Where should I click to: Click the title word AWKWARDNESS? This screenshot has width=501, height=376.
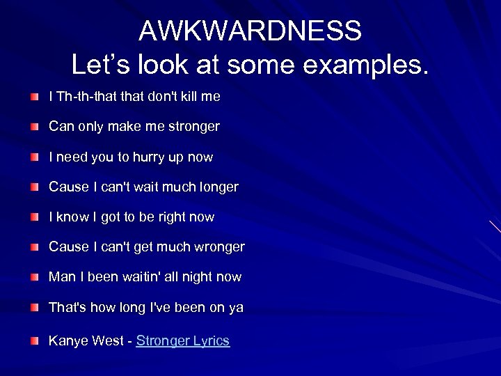coord(250,31)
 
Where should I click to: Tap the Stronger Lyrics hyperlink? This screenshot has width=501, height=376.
coord(183,340)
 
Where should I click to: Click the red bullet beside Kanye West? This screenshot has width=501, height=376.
coord(34,340)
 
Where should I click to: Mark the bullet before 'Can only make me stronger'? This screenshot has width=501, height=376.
coord(34,127)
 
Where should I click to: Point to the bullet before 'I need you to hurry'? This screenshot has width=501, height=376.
coord(34,157)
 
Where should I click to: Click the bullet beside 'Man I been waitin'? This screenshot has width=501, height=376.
coord(34,277)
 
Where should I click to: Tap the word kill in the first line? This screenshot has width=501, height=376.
coord(188,97)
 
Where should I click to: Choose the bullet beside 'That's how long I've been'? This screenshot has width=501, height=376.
coord(34,307)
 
